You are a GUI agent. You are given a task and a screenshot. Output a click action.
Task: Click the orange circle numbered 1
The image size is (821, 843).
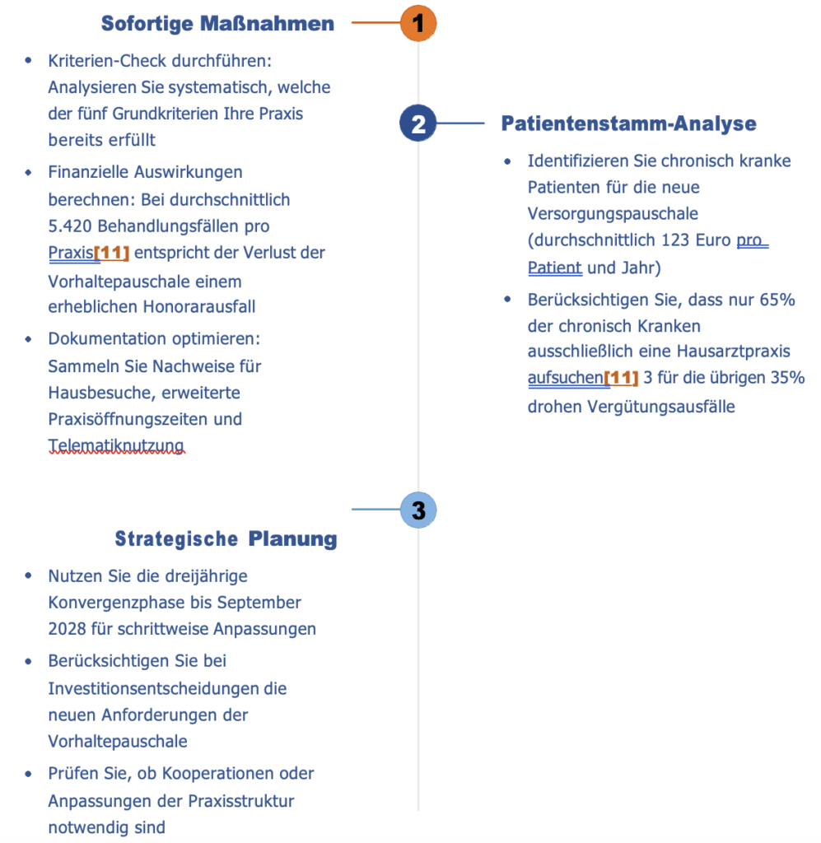(x=418, y=24)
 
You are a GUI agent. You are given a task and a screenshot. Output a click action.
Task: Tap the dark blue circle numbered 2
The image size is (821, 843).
(x=418, y=124)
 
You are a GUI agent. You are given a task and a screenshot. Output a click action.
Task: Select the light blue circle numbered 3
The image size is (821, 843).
(x=418, y=510)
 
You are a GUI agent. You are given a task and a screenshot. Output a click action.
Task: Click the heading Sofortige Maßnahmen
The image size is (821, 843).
(x=217, y=24)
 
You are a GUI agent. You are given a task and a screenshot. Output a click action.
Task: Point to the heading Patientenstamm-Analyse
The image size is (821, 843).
(x=628, y=124)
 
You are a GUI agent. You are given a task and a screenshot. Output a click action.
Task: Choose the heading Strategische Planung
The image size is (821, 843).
(x=226, y=539)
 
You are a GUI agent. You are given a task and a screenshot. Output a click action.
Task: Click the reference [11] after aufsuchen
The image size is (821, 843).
(x=622, y=379)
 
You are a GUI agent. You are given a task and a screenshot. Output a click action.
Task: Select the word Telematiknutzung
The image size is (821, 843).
(x=116, y=446)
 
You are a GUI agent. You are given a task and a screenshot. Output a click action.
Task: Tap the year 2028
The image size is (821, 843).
(x=68, y=629)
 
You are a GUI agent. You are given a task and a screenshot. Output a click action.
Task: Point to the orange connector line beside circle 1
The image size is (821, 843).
(x=375, y=24)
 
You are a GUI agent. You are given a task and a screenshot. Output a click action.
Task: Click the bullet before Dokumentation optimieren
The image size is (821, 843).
(x=30, y=339)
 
